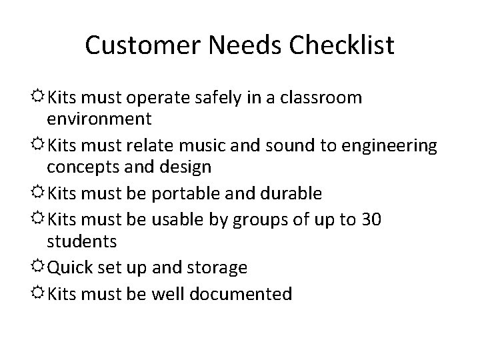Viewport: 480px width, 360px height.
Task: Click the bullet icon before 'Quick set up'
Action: click(x=39, y=267)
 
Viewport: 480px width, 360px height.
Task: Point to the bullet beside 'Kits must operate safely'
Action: click(x=39, y=97)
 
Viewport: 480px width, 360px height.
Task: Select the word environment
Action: click(x=99, y=119)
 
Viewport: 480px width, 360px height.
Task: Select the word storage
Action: click(x=215, y=268)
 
